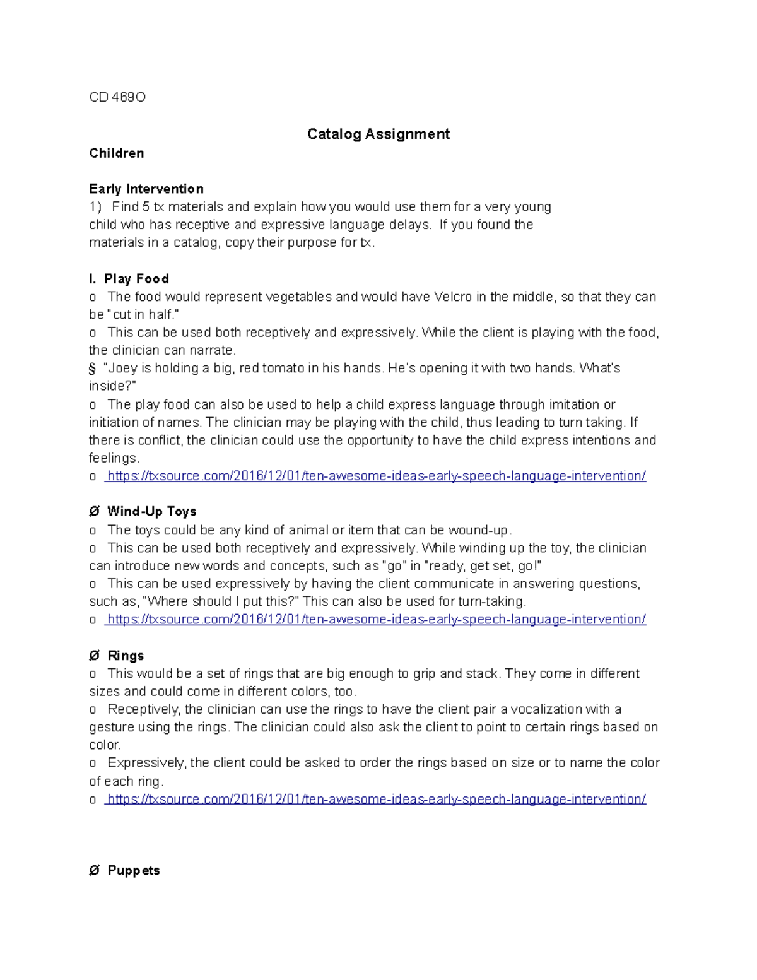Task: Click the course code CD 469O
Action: tap(117, 97)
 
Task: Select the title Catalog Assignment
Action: tap(378, 134)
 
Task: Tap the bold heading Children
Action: tap(116, 153)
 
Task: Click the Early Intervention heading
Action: tap(146, 189)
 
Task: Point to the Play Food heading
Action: tap(136, 279)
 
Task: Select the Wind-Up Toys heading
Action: tap(151, 511)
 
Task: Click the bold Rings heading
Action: tap(126, 656)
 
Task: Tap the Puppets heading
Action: tap(133, 870)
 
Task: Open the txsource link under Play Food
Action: tap(376, 476)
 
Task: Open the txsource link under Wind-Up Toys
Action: tap(376, 620)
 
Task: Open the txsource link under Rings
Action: tap(376, 799)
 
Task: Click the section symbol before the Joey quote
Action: tap(92, 369)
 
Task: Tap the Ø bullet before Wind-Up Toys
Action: tap(94, 511)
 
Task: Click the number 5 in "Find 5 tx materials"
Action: tap(146, 207)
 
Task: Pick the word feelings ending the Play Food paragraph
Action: tap(113, 458)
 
